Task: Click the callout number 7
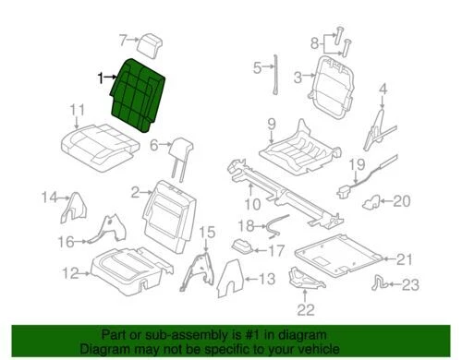tap(122, 39)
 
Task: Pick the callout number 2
tap(135, 192)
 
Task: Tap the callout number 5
tap(259, 67)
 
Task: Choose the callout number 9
tap(272, 124)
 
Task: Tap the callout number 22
tap(305, 309)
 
